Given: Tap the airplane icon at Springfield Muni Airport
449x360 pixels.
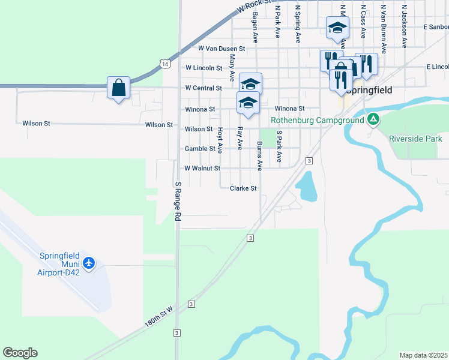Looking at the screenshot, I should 89,263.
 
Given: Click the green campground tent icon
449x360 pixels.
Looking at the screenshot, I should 373,119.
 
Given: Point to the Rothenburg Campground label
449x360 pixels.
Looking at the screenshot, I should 318,120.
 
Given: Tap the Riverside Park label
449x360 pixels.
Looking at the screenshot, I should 415,139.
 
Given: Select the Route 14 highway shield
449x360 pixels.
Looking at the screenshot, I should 164,62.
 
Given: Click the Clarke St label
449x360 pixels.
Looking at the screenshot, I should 243,188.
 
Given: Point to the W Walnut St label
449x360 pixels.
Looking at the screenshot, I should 202,169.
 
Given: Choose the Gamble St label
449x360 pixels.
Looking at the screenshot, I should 199,149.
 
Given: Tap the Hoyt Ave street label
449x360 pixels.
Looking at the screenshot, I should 220,139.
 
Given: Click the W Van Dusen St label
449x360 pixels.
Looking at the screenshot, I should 222,48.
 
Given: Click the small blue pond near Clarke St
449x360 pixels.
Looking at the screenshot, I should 306,186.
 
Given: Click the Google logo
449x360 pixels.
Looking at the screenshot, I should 20,353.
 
